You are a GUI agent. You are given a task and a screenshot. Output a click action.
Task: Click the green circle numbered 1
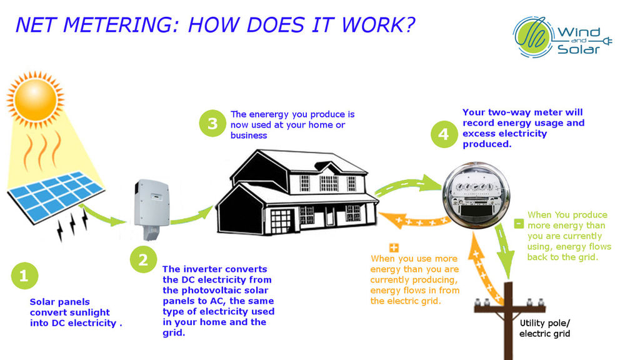tap(24, 276)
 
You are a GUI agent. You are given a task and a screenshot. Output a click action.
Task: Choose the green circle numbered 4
tap(443, 134)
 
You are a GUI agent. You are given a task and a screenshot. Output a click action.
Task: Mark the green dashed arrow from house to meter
tap(406, 184)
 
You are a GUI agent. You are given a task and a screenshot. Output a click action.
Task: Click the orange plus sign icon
tap(394, 247)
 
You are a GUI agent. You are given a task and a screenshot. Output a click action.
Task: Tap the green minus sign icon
tap(519, 223)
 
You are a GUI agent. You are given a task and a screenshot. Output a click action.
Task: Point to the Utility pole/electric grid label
tap(545, 328)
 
